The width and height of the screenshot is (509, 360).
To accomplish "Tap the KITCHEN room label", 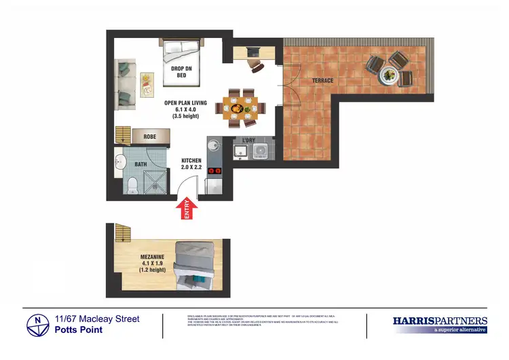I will [x=191, y=161].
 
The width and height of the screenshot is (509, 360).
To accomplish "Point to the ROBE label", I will [x=151, y=137].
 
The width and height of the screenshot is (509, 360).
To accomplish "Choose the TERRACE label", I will [x=322, y=81].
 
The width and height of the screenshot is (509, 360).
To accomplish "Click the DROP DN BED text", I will [x=181, y=72].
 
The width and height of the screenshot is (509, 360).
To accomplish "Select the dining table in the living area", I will [x=241, y=107].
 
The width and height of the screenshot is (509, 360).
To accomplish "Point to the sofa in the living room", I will [x=125, y=85].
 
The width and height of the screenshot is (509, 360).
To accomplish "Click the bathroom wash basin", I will [x=120, y=163].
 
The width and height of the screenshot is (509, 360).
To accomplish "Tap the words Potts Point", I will [x=79, y=330].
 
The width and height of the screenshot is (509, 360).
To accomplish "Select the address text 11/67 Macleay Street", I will [x=97, y=319].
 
